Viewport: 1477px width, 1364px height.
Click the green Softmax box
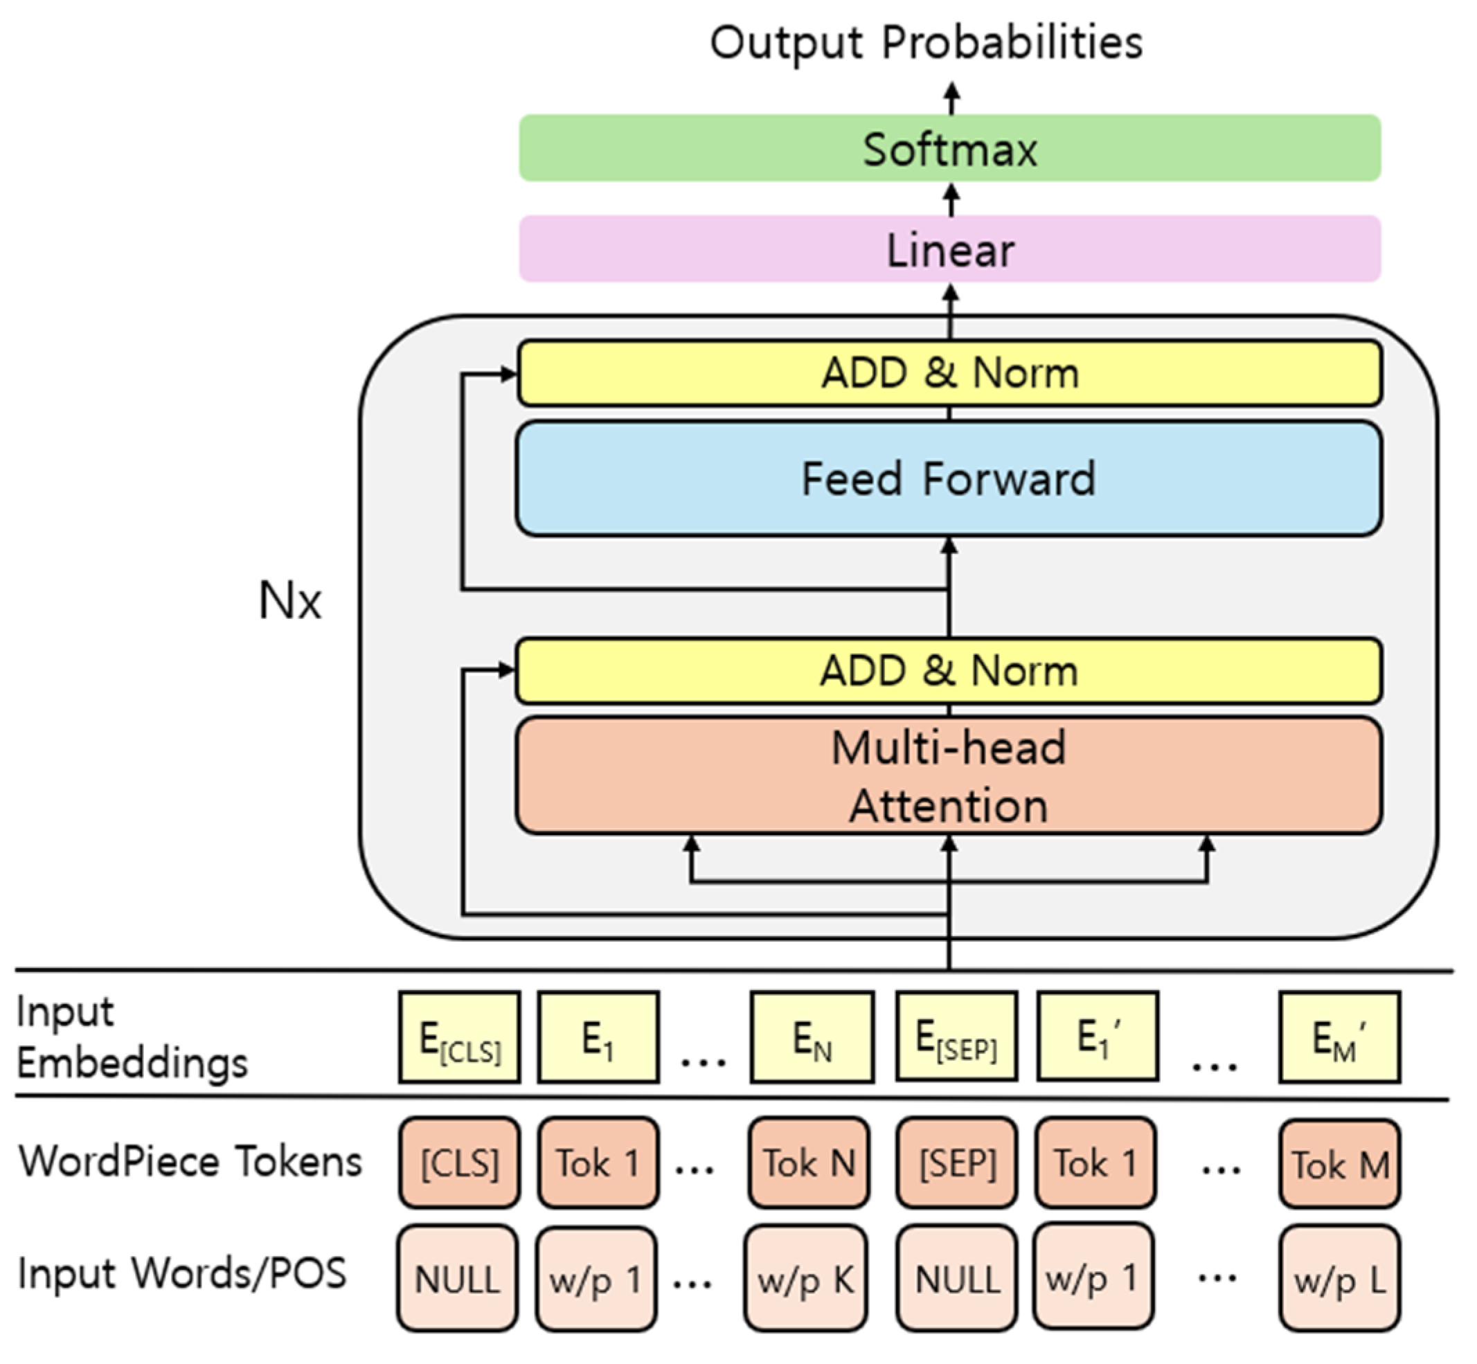point(949,148)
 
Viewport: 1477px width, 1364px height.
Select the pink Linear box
point(949,249)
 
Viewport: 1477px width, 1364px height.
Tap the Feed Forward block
point(949,478)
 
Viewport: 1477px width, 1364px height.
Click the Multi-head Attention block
point(949,775)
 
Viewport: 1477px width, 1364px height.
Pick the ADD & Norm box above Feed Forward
point(949,373)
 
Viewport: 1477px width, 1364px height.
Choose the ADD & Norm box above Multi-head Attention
point(949,670)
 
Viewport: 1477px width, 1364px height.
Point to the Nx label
point(290,601)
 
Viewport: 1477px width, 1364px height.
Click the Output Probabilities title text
point(926,43)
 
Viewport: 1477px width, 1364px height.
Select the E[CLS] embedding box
point(459,1037)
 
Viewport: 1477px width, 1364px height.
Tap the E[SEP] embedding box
point(956,1037)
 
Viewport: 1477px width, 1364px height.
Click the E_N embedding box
point(812,1037)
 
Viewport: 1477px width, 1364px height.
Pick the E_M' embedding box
point(1339,1037)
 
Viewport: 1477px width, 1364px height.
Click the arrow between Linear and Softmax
point(952,199)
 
